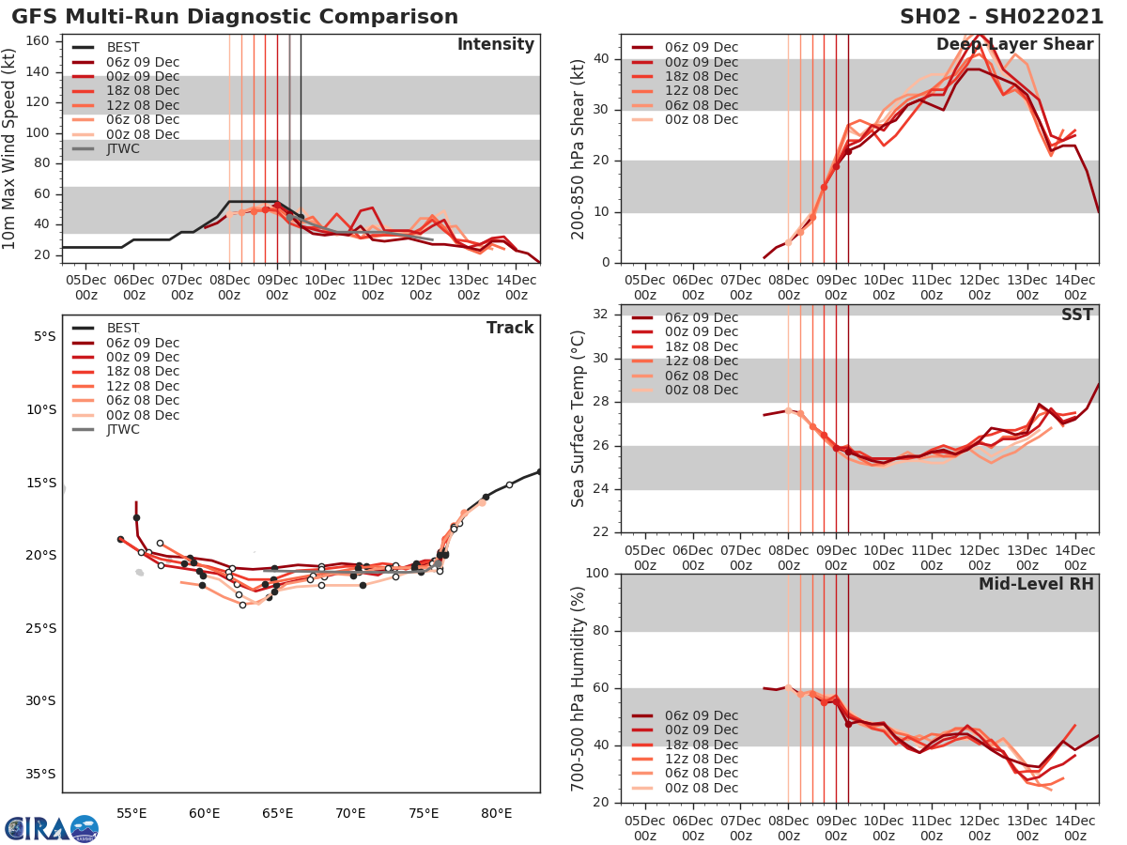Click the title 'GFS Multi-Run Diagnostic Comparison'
click(235, 17)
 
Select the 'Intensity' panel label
click(495, 45)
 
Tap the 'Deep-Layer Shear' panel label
click(1014, 45)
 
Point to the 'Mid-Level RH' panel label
click(1036, 584)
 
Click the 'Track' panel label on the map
click(510, 328)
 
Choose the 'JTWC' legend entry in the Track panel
click(123, 430)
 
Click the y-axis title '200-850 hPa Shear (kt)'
click(579, 148)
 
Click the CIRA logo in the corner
click(51, 828)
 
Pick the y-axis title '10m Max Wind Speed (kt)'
click(11, 148)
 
